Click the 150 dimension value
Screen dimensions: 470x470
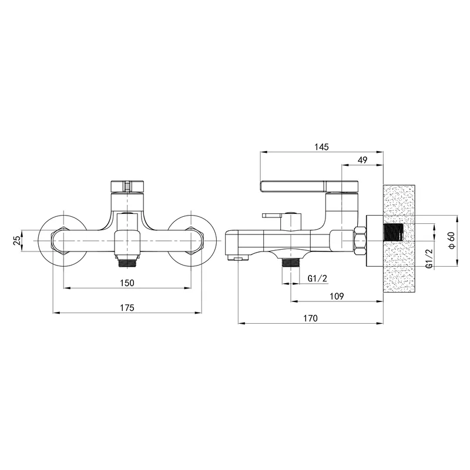pos(127,283)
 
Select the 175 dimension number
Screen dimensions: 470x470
pos(127,308)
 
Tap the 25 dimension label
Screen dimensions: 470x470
pos(18,240)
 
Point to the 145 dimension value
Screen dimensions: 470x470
pos(321,147)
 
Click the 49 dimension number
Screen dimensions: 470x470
pos(362,160)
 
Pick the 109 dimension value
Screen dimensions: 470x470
pos(337,296)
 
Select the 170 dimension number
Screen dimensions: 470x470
pos(310,318)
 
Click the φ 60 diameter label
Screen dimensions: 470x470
pos(452,240)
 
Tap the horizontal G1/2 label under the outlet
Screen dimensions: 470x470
pos(317,278)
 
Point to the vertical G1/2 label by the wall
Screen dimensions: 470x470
pos(429,258)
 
